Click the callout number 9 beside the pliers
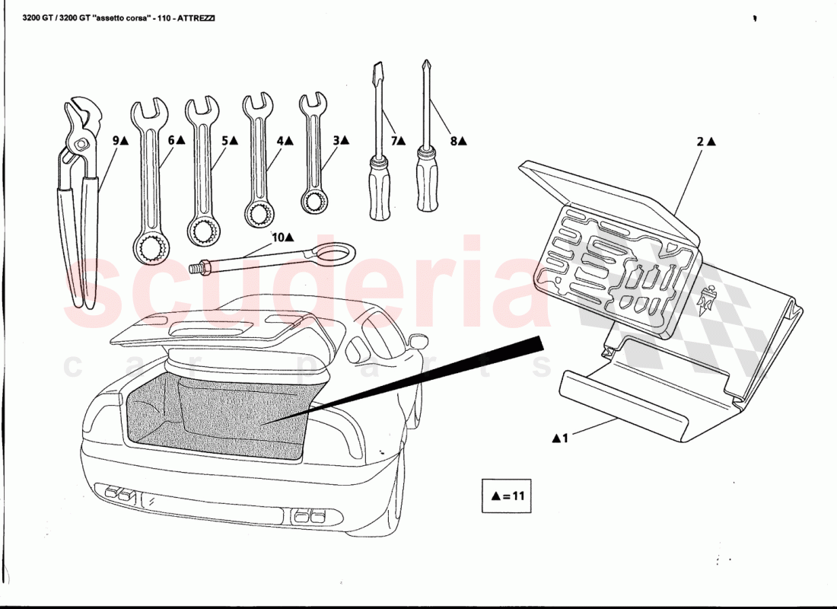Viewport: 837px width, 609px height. click(116, 141)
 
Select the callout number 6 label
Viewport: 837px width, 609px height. click(172, 141)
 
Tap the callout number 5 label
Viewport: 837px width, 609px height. click(225, 141)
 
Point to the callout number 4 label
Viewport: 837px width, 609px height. click(280, 141)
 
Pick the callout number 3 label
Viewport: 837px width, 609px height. click(336, 141)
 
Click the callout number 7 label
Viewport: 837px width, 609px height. click(395, 141)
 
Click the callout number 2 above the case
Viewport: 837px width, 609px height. click(700, 142)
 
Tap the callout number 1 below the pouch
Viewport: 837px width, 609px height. click(565, 438)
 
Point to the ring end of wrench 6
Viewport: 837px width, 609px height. click(152, 247)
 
